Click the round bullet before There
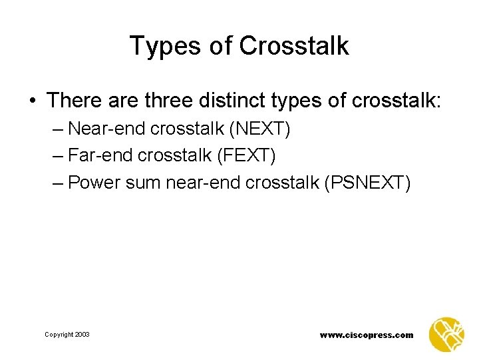pyautogui.click(x=33, y=101)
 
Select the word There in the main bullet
pyautogui.click(x=73, y=100)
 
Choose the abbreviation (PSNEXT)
pyautogui.click(x=367, y=181)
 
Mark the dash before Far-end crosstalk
pyautogui.click(x=57, y=155)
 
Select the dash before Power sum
pyautogui.click(x=57, y=181)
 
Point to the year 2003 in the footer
pyautogui.click(x=82, y=335)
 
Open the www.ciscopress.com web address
pyautogui.click(x=366, y=335)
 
